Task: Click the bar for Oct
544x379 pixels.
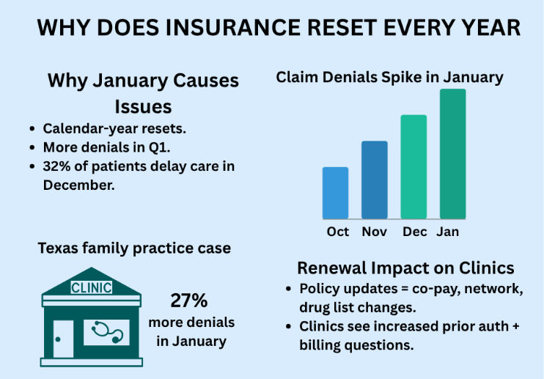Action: click(335, 193)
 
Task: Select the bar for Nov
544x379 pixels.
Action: click(374, 180)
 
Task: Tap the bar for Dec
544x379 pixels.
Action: click(413, 166)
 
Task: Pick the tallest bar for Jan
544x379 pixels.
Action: click(452, 154)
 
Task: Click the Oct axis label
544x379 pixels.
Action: click(338, 232)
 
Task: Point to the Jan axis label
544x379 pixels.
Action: click(449, 232)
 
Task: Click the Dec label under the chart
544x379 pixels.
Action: click(414, 232)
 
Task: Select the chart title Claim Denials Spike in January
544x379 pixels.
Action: click(389, 77)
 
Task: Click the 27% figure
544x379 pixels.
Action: click(189, 301)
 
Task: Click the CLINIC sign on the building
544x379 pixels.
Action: click(91, 287)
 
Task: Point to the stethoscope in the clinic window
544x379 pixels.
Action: click(107, 332)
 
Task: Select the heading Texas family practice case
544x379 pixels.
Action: click(134, 249)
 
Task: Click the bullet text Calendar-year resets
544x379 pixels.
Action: click(114, 128)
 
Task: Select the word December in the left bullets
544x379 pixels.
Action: click(78, 185)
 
